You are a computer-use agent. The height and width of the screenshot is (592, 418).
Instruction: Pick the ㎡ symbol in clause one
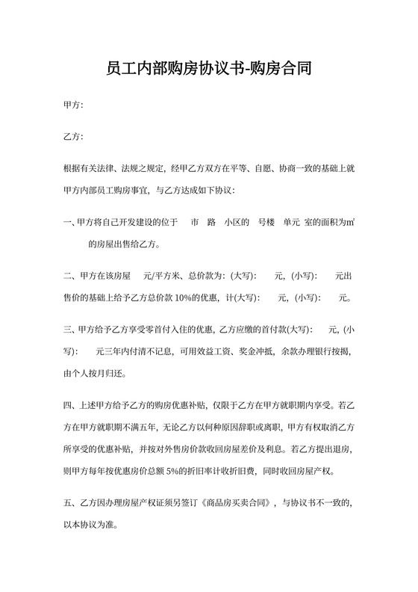pos(350,222)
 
